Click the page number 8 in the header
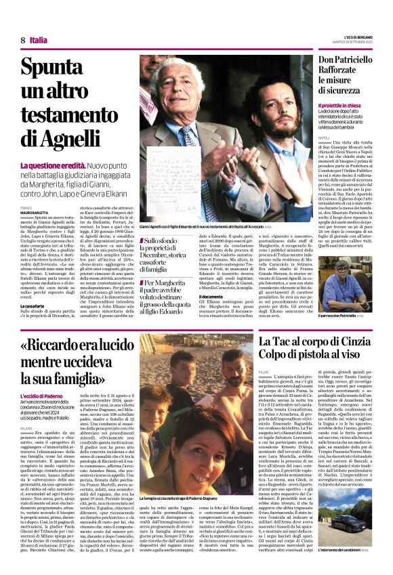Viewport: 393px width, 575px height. pos(23,40)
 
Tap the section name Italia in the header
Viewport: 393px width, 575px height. pos(39,40)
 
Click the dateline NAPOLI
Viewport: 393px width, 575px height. pos(323,137)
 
